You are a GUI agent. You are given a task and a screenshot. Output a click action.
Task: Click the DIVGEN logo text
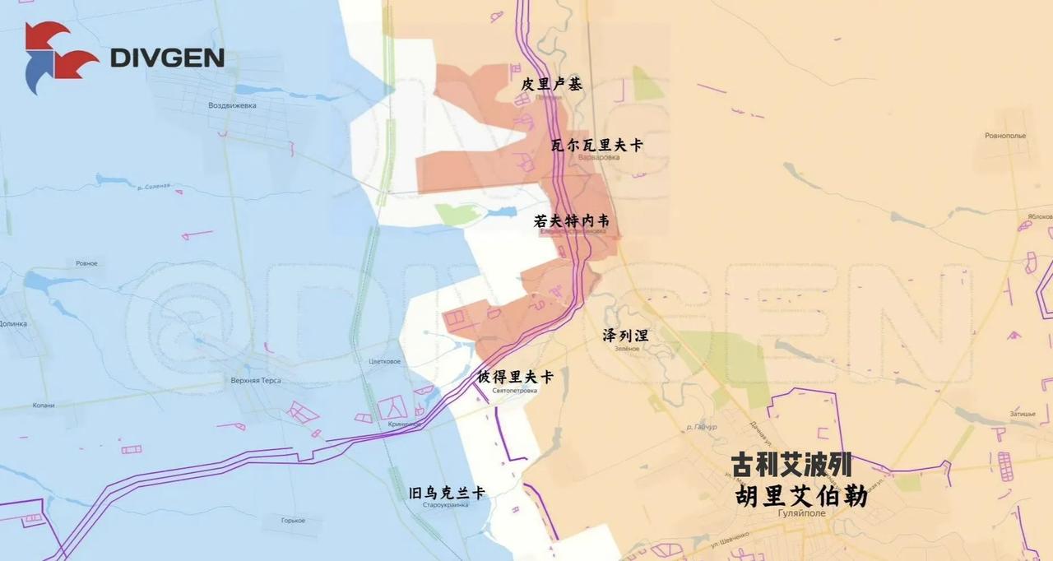pos(167,58)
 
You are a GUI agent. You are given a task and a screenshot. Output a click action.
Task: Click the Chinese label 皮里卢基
pos(551,84)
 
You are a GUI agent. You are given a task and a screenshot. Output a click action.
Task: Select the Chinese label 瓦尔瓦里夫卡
pos(596,145)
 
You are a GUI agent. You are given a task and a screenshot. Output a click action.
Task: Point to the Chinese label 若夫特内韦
pos(571,220)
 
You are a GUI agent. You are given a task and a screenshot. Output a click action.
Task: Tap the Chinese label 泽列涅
pos(625,335)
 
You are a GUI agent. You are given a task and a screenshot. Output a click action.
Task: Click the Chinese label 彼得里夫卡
pos(515,378)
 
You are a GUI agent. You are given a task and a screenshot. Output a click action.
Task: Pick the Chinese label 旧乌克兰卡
pos(447,494)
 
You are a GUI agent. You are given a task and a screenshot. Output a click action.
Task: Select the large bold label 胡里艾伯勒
pos(801,496)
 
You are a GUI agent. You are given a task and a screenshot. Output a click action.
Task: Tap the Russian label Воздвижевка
pos(232,106)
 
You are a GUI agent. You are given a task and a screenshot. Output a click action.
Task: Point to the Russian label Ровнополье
pos(1004,136)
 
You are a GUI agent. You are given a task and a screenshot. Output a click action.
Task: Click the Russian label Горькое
pos(293,521)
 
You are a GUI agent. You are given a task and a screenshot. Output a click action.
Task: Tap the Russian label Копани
pos(43,406)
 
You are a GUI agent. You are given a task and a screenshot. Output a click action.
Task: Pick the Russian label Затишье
pos(1023,414)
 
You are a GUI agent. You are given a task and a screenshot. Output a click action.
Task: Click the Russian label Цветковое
pos(385,362)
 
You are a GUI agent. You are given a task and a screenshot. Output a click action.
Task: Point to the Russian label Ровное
pos(86,263)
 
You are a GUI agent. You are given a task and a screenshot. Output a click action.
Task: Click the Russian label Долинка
pos(13,324)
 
